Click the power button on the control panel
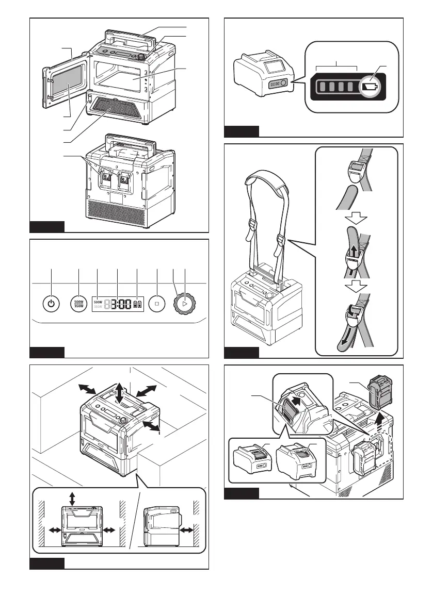pos(50,304)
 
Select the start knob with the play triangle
pos(184,304)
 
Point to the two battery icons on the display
pos(138,304)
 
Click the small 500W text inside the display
pos(98,302)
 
